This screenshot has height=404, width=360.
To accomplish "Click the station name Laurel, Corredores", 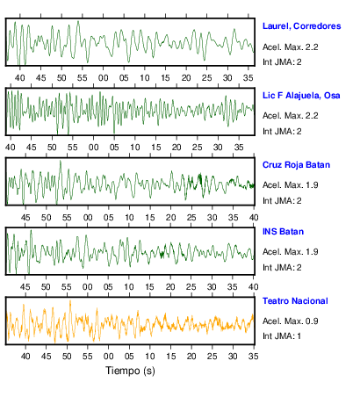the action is (301, 26).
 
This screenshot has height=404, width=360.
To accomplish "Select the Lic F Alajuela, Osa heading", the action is (301, 96).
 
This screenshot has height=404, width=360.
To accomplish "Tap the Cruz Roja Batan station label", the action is (296, 165).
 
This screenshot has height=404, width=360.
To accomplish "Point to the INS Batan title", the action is (283, 232).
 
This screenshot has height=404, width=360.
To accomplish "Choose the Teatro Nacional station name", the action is (295, 301).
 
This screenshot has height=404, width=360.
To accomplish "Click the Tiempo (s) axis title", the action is (130, 371).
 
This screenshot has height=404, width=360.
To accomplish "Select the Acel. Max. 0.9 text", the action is (290, 321).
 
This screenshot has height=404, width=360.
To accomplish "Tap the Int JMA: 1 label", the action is (282, 335).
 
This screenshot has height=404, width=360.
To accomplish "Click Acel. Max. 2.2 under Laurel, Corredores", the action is (290, 47).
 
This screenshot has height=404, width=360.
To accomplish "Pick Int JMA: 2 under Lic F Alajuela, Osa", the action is (282, 131).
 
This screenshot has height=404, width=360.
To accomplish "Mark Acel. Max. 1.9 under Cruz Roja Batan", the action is (290, 185).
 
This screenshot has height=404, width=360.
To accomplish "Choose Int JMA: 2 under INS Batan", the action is (282, 267).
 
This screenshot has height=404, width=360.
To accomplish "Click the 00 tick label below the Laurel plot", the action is (103, 78).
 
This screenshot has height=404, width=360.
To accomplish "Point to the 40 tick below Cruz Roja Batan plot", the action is (254, 218).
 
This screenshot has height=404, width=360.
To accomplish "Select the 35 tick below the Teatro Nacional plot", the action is (254, 356).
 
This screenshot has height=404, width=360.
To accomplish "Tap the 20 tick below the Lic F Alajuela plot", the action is (176, 148).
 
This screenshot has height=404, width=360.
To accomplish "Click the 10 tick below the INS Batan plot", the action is (129, 287).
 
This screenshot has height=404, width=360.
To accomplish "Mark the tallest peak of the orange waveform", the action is (70, 300).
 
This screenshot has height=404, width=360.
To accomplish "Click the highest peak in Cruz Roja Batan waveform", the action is (61, 161).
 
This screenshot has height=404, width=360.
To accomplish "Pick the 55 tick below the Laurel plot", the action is (83, 78).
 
